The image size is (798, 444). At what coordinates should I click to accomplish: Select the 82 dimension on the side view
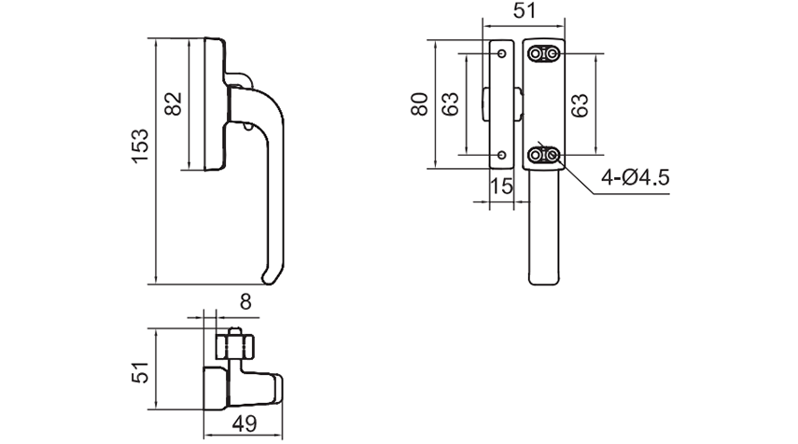click(x=174, y=104)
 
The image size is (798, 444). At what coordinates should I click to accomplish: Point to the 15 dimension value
click(x=501, y=187)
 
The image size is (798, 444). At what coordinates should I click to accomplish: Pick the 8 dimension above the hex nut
click(x=245, y=301)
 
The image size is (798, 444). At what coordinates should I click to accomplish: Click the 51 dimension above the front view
click(x=525, y=11)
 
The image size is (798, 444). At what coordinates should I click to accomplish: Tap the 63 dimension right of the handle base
click(x=581, y=104)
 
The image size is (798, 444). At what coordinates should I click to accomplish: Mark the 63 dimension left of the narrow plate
click(x=450, y=104)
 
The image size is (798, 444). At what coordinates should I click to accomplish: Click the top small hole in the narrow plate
click(x=502, y=54)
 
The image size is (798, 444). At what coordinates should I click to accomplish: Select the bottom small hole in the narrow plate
click(x=502, y=154)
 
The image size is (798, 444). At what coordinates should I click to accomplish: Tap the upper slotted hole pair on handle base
click(x=546, y=55)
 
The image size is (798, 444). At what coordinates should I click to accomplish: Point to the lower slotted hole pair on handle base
click(x=546, y=155)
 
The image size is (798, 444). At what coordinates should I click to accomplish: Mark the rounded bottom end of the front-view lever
click(x=544, y=278)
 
